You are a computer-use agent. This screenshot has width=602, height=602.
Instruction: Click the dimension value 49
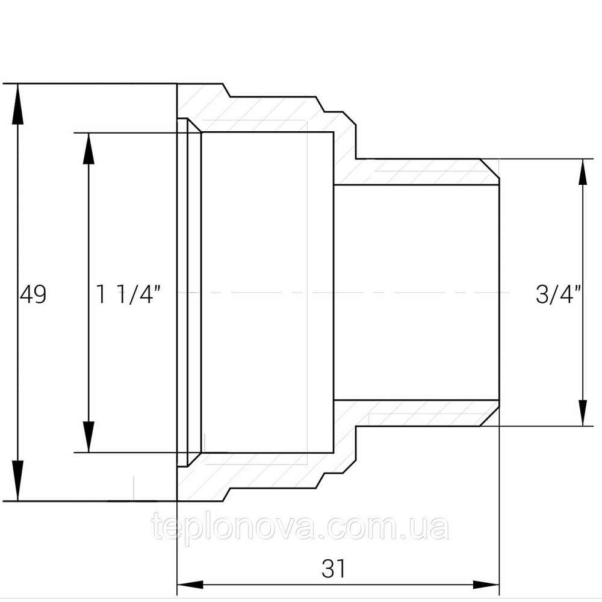tap(33, 294)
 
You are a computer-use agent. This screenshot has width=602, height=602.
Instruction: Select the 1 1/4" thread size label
tap(129, 294)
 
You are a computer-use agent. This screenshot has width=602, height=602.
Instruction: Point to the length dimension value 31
tap(334, 569)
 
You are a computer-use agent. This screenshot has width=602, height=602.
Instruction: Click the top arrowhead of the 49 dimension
tap(17, 104)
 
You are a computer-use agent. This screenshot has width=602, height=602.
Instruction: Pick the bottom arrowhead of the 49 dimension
tap(17, 480)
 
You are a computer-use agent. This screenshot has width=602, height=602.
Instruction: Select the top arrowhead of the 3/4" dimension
tap(583, 172)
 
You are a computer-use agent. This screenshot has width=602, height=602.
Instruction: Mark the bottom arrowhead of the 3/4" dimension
tap(583, 413)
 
